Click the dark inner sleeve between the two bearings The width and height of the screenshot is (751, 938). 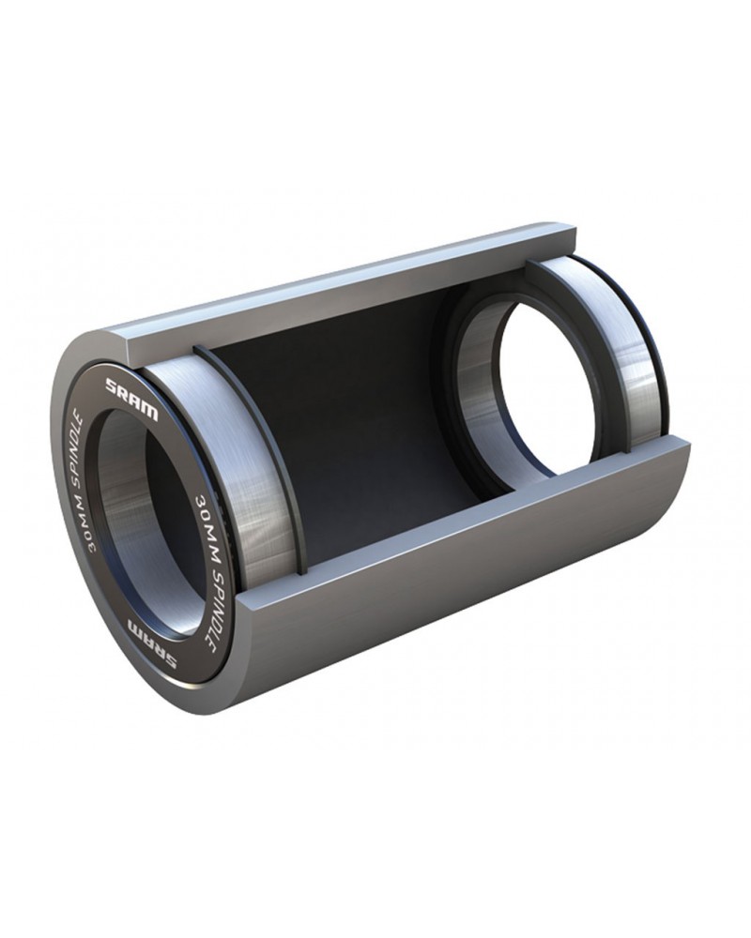375,413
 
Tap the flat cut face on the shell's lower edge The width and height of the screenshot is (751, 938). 488,507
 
